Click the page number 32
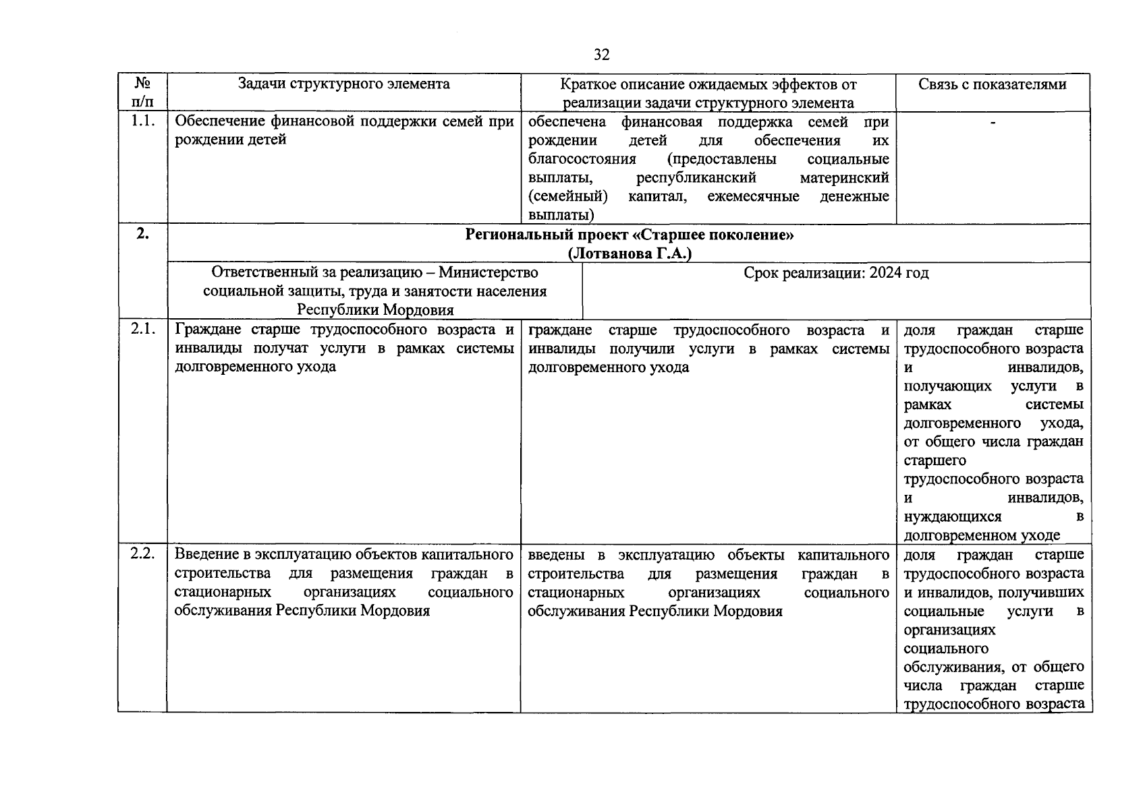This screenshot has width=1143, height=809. click(602, 55)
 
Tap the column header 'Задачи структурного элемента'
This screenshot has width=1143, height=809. click(343, 84)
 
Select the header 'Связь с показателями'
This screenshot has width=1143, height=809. click(992, 84)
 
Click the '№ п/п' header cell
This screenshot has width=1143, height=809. click(142, 92)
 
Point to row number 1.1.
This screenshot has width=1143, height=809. click(142, 121)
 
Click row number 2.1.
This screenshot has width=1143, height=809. click(142, 329)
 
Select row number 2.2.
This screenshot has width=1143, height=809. click(142, 553)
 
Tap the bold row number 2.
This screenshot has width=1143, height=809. click(142, 234)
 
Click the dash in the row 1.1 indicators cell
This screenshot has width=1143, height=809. click(993, 121)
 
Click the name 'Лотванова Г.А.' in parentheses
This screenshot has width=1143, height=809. click(629, 253)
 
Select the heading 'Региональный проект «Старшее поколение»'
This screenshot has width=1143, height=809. click(629, 235)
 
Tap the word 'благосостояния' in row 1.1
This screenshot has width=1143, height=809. click(582, 159)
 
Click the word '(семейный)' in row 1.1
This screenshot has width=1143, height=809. click(567, 196)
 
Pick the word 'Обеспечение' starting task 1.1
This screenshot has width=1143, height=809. click(219, 121)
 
